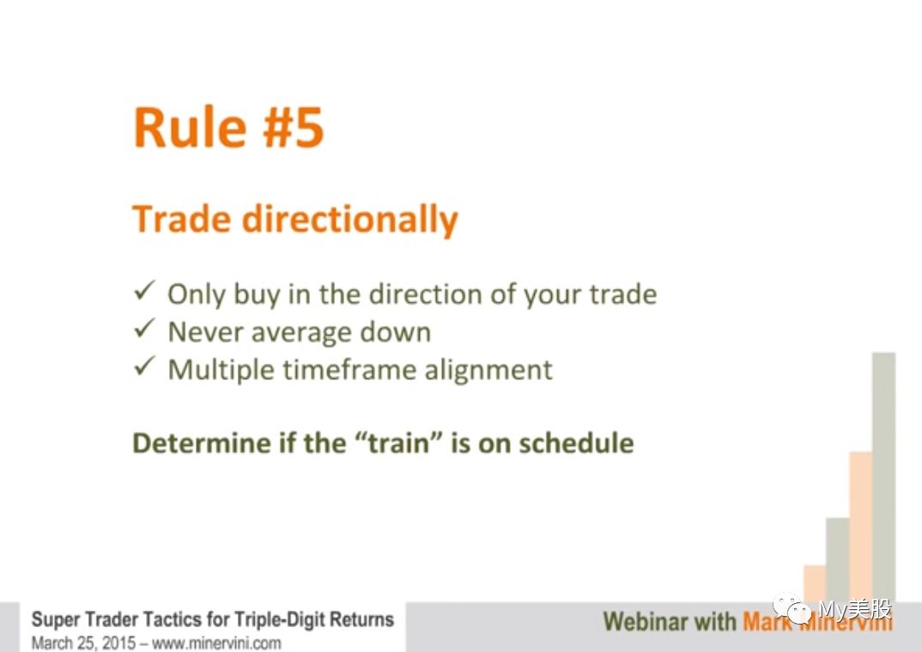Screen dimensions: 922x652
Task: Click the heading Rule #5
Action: tap(228, 127)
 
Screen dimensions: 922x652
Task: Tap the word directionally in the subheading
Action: tap(350, 219)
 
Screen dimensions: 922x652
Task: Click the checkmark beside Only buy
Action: tap(144, 290)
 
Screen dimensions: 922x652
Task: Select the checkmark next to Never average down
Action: tap(144, 328)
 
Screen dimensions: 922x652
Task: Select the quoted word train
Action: tap(399, 443)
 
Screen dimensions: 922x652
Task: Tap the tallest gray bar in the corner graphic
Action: tap(883, 477)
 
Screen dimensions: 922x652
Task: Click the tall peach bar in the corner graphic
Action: tap(861, 527)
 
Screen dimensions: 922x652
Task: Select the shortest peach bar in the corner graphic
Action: tap(815, 583)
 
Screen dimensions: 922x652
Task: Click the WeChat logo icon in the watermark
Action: tap(792, 608)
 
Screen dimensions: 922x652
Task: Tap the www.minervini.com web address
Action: tap(216, 643)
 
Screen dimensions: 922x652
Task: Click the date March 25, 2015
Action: tap(83, 643)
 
